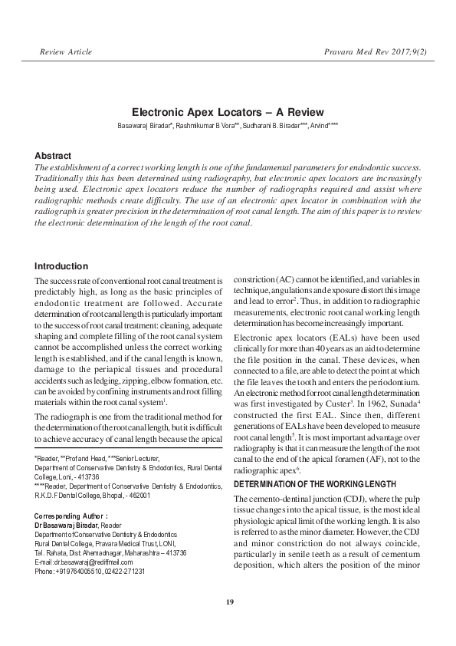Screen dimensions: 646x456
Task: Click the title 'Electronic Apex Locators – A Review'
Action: pyautogui.click(x=228, y=112)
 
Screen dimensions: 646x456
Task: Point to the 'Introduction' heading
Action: pyautogui.click(x=61, y=266)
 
